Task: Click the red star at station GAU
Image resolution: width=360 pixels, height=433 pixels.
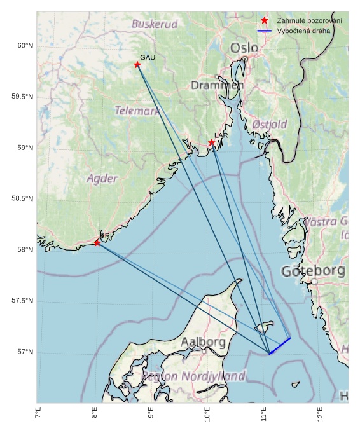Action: (137, 65)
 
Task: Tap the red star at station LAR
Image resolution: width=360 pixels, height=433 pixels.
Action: (212, 142)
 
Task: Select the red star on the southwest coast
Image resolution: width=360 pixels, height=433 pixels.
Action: (97, 243)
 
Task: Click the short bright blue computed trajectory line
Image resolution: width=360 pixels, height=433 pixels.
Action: (280, 346)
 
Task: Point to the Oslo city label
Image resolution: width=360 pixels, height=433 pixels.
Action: (244, 48)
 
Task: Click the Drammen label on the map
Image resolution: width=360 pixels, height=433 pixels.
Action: (217, 85)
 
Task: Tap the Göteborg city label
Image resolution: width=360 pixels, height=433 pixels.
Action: (313, 271)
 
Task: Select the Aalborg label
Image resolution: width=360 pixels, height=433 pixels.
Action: (203, 342)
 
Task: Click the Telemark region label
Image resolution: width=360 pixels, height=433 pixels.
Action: (137, 111)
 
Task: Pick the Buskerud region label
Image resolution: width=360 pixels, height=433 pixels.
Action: (155, 24)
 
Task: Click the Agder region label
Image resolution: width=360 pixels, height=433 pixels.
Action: (102, 179)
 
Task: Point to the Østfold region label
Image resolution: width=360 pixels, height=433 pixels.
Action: (270, 124)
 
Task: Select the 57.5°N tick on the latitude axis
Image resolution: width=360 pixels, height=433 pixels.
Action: (22, 301)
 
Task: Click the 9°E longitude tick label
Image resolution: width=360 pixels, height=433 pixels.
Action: (151, 413)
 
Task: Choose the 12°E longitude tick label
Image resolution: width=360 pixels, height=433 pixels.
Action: (320, 413)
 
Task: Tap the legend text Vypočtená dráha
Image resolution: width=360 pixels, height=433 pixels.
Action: (303, 31)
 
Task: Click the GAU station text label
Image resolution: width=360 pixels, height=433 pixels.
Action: (147, 58)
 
